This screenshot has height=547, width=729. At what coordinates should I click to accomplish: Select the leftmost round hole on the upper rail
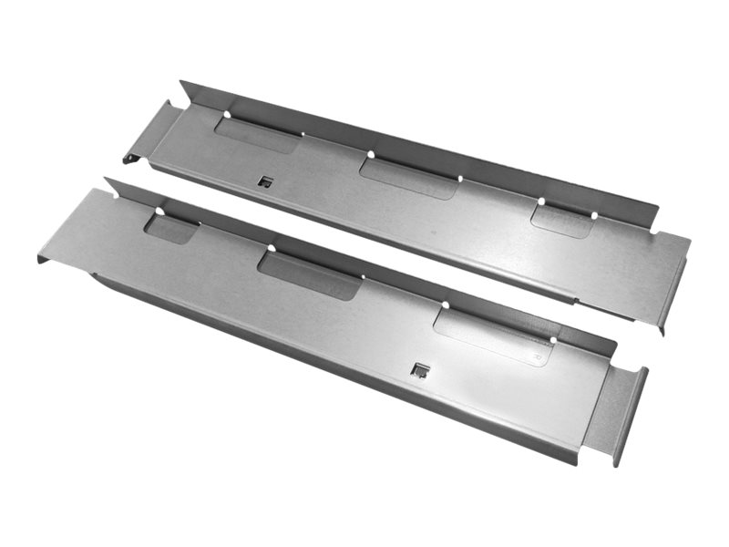click(225, 115)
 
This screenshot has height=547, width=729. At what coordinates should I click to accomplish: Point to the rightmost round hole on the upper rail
click(594, 216)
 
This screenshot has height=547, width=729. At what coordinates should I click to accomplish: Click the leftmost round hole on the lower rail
click(159, 212)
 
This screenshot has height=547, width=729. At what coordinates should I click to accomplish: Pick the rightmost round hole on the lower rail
click(552, 340)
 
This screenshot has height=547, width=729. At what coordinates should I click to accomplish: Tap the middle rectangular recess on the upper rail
click(408, 177)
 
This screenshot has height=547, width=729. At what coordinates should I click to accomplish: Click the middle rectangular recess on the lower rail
click(310, 275)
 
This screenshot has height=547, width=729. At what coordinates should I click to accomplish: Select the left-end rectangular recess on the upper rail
click(258, 135)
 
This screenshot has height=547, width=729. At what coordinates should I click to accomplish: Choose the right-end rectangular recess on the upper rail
click(563, 221)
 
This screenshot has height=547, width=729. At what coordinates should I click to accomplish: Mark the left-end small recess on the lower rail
click(171, 228)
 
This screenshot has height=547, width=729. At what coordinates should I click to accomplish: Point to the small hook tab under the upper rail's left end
click(130, 161)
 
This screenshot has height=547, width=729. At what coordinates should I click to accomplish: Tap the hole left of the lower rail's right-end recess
click(447, 305)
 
